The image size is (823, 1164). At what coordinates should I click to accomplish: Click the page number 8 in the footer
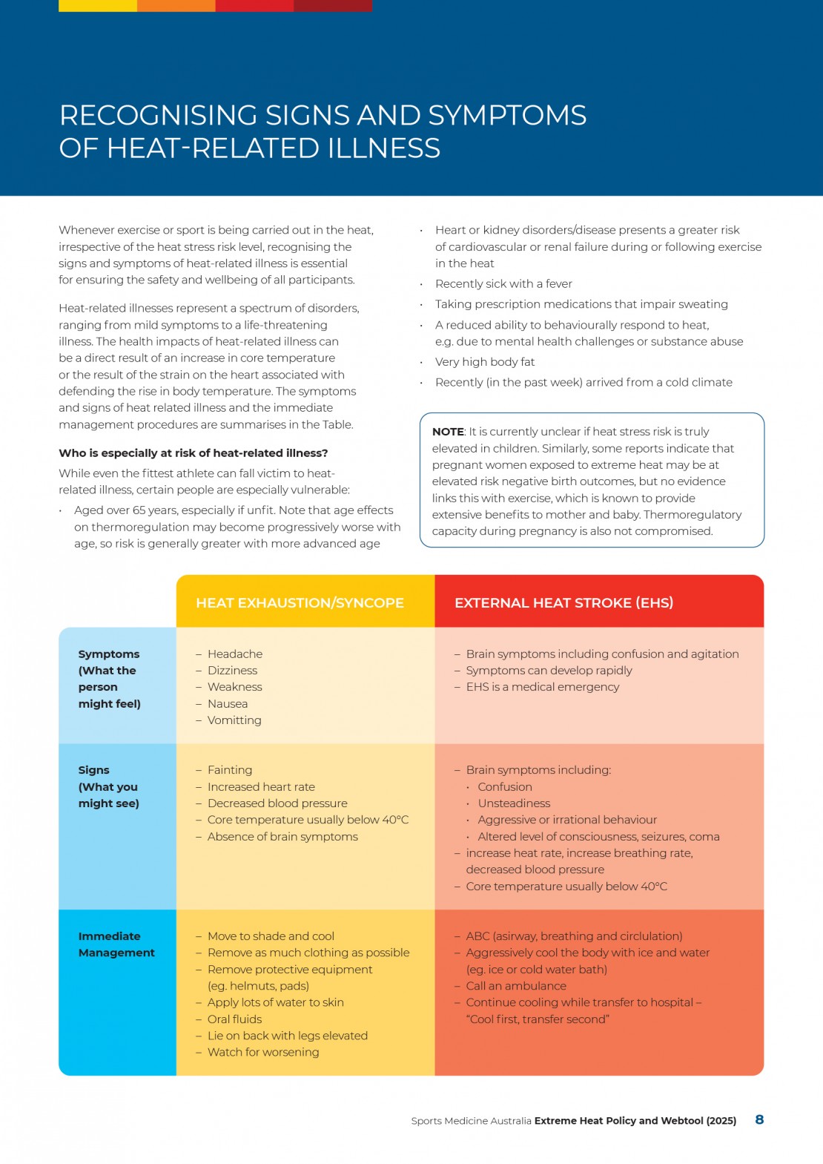click(759, 1119)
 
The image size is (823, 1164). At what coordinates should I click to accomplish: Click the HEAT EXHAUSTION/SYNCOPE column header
click(300, 602)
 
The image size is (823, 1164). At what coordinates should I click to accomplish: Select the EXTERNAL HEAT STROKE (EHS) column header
click(563, 602)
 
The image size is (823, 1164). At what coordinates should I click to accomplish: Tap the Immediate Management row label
click(116, 944)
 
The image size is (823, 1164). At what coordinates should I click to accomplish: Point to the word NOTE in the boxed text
click(448, 432)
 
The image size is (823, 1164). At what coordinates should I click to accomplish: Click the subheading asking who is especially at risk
click(193, 453)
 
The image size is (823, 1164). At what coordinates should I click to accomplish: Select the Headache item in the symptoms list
click(234, 654)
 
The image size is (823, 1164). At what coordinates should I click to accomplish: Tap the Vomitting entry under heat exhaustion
click(234, 720)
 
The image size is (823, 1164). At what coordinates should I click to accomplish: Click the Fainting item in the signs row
click(230, 770)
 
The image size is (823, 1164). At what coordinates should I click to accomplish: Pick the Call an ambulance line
click(516, 986)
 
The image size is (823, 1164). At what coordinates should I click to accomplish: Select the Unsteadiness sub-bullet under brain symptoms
click(514, 803)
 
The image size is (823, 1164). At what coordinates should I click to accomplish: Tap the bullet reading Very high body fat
click(485, 362)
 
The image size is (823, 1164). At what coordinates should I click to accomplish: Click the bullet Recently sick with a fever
click(503, 283)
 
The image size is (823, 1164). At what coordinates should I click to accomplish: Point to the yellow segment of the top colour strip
click(98, 6)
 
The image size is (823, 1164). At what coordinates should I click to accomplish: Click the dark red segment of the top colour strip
click(333, 6)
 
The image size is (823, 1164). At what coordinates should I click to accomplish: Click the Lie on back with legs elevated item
click(287, 1036)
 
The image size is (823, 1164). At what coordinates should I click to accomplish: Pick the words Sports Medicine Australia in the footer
click(471, 1121)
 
